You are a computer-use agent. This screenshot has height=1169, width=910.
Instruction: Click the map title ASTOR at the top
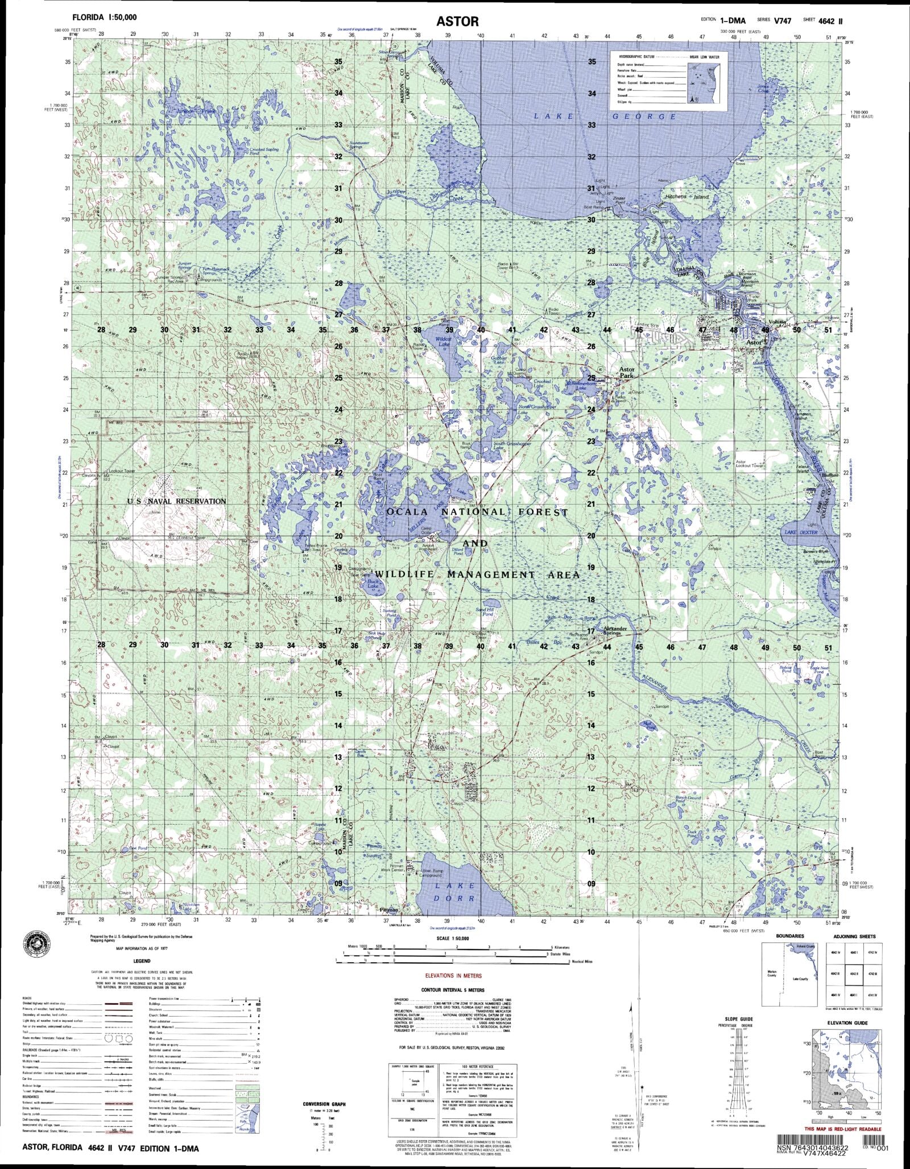coord(458,22)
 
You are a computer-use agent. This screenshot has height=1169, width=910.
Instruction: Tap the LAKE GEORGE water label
coord(605,117)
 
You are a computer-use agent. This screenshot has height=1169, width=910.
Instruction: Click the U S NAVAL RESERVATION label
coord(176,501)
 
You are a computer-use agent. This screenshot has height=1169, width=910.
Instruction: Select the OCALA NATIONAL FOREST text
coord(477,512)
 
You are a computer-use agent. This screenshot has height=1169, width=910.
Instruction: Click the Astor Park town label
coord(626,372)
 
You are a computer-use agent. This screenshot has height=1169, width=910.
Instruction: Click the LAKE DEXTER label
coord(801,533)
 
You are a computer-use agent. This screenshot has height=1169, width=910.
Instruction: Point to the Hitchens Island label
coord(687,197)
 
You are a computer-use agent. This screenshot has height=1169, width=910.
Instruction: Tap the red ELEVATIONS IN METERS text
coord(453,976)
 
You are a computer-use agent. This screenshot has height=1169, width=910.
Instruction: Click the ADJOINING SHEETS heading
coord(850,936)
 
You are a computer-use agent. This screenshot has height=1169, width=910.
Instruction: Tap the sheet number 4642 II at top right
coord(830,20)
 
